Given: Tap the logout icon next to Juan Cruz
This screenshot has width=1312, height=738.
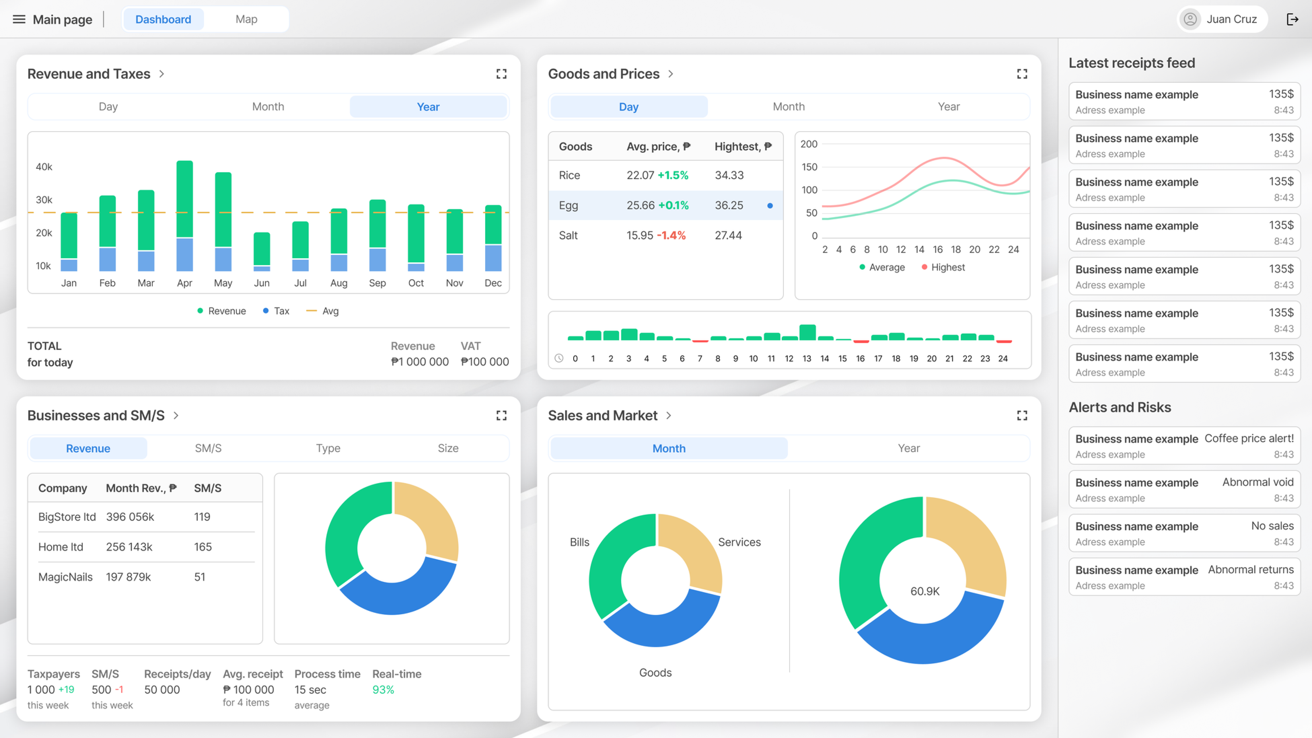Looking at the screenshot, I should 1292,20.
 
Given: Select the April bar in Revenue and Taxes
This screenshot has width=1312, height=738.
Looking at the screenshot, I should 184,214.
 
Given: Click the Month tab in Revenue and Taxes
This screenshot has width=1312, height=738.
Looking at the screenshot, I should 268,106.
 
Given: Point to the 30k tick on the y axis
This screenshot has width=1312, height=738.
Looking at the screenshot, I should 44,200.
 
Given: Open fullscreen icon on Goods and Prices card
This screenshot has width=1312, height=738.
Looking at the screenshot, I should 1022,74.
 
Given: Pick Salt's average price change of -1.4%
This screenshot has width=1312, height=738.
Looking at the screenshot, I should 671,235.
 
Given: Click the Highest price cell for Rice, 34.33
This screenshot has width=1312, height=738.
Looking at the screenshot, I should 729,175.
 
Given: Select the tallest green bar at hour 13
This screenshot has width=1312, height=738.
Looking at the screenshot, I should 807,332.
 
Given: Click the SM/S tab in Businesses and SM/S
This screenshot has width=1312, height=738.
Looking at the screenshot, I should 208,448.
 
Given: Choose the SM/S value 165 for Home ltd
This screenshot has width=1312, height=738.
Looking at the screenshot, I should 203,547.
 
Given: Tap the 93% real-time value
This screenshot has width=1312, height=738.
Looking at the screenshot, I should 383,690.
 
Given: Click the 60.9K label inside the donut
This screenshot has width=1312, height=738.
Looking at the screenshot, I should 925,591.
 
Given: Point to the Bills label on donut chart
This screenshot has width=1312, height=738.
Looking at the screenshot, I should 579,542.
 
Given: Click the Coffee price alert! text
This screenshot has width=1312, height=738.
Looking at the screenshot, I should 1248,439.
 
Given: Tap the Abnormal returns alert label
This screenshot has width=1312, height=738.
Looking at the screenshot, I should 1250,569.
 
